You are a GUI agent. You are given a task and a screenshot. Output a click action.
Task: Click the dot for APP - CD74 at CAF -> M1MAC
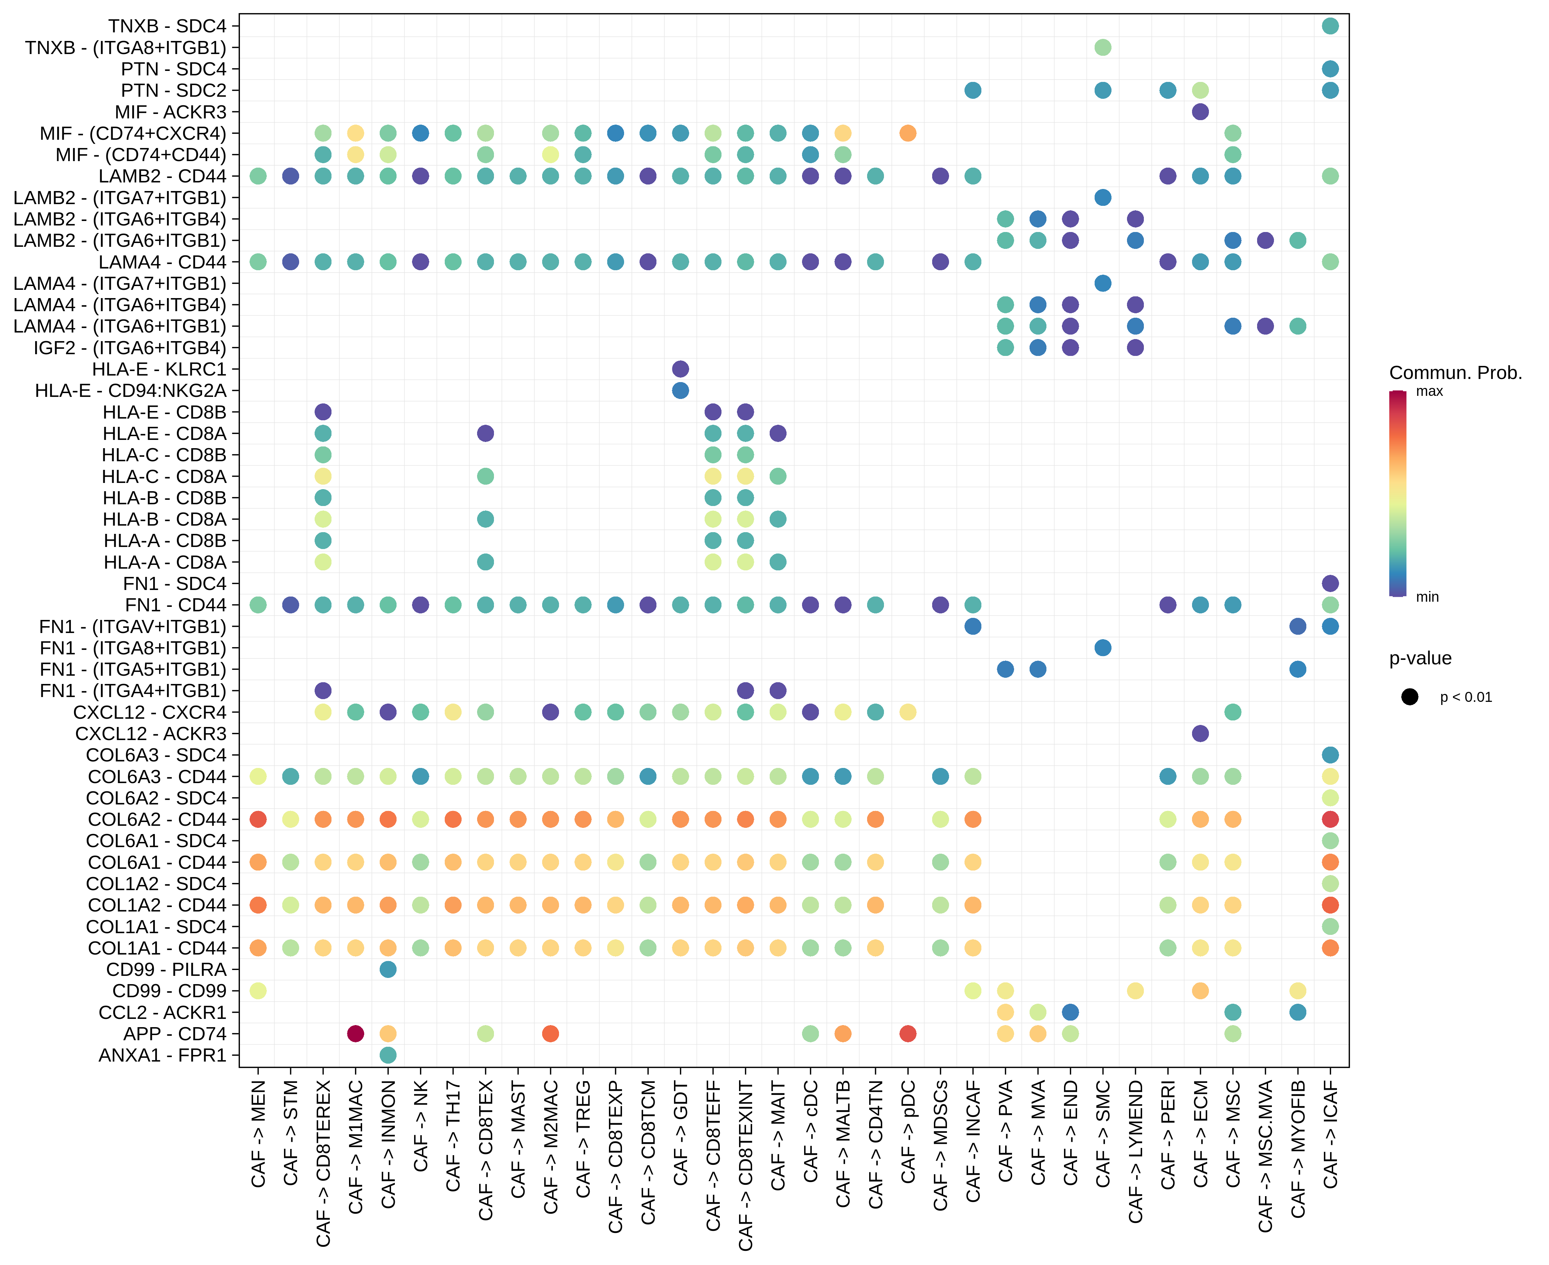tap(356, 1033)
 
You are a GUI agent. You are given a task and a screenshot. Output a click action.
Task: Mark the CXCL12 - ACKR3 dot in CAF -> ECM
tap(1200, 733)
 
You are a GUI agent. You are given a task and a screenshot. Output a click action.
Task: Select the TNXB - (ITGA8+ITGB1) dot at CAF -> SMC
tap(1102, 48)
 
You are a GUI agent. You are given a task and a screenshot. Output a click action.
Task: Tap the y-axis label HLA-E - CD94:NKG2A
tap(131, 391)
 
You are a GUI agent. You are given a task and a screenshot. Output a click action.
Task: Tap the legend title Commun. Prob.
tap(1455, 373)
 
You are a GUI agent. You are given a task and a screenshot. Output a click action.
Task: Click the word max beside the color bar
tap(1429, 391)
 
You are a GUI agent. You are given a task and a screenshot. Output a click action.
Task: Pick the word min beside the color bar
tap(1426, 597)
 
